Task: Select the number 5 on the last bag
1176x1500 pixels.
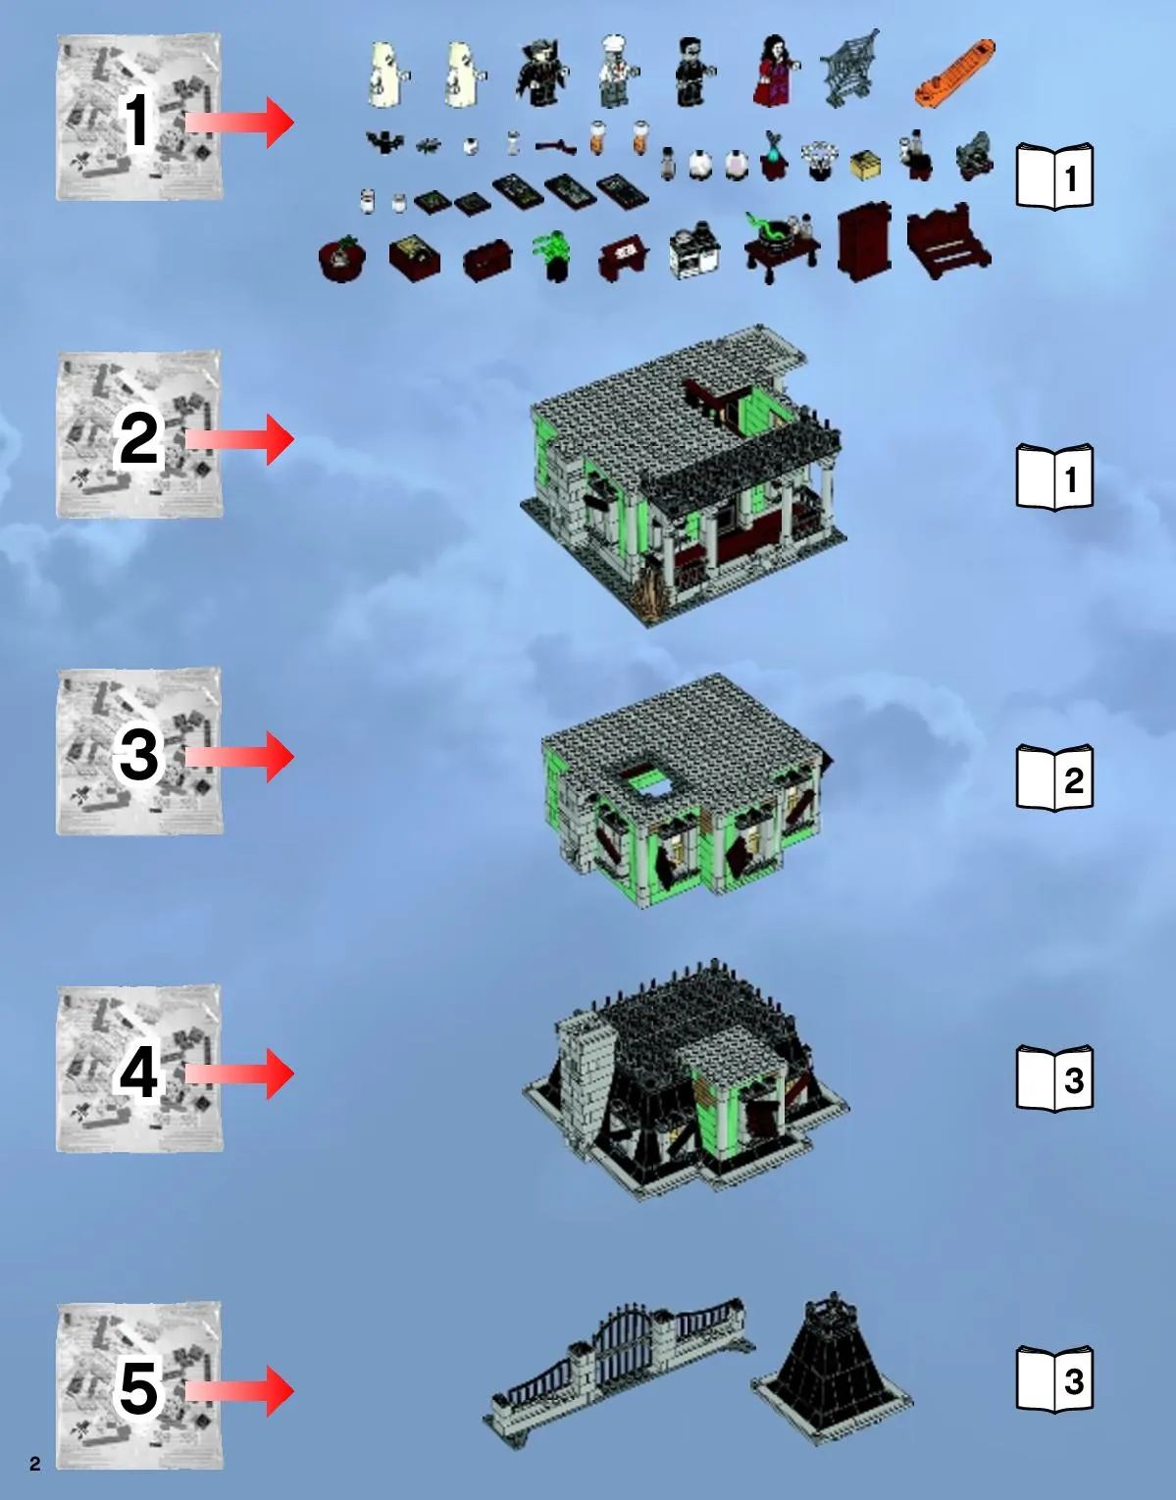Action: [139, 1389]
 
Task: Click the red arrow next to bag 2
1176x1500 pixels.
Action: [239, 440]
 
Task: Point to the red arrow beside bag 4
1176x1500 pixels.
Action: [239, 1074]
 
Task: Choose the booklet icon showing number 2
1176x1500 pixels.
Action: [1054, 778]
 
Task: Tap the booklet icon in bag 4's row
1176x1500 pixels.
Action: [1054, 1078]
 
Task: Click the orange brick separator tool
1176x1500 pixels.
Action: [955, 74]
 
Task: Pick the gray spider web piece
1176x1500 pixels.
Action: [850, 69]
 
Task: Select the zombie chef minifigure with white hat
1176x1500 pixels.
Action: [616, 72]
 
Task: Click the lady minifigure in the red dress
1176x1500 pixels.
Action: [774, 72]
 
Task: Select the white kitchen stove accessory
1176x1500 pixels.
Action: [694, 251]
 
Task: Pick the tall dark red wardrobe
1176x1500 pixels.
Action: [864, 242]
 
